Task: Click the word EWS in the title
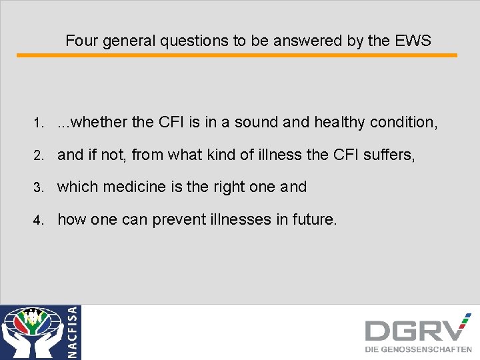[x=413, y=41]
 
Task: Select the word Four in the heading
[x=81, y=41]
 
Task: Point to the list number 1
[x=39, y=123]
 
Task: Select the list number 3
[x=39, y=187]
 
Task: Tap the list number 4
[x=39, y=219]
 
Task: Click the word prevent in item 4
[x=179, y=219]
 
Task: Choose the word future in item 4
[x=315, y=219]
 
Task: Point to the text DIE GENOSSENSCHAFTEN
[x=418, y=349]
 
